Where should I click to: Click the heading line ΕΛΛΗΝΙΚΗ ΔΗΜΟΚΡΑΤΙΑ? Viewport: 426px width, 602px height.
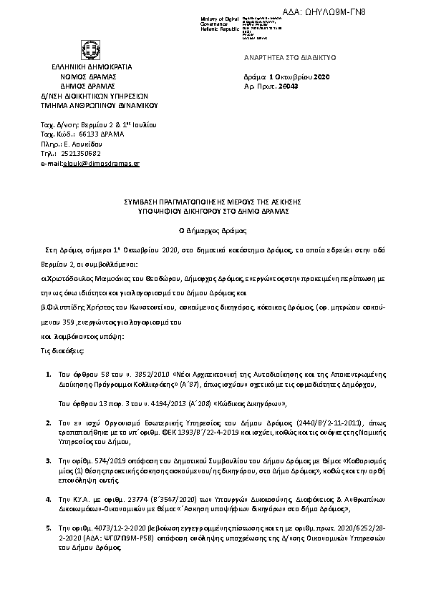[91, 66]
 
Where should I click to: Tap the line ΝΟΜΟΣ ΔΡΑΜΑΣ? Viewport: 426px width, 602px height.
[91, 75]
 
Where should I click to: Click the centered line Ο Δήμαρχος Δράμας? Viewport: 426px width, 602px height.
[213, 231]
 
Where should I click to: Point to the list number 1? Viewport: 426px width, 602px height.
[48, 373]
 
